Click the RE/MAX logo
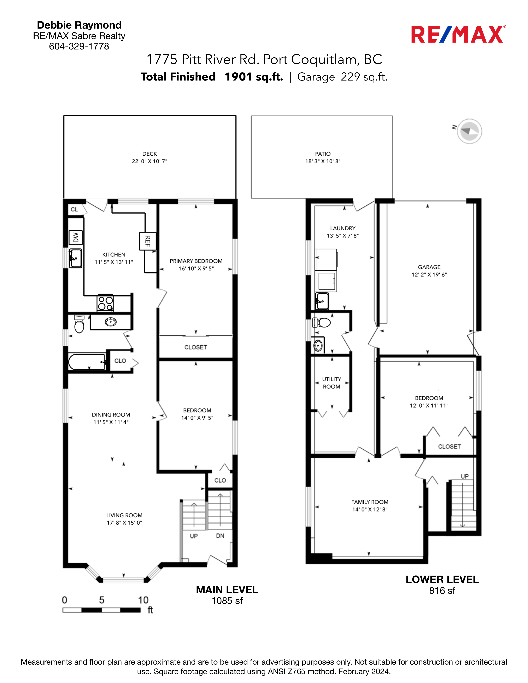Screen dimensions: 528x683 (458, 34)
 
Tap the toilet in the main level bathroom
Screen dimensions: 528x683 (79, 324)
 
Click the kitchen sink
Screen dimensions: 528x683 (75, 258)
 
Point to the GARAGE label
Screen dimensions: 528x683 (429, 267)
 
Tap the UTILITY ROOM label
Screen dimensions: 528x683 (332, 383)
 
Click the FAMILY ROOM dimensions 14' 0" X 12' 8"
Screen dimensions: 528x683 (370, 509)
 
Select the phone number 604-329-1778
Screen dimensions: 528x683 (79, 46)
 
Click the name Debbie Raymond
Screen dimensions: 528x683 (79, 25)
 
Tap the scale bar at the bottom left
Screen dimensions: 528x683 (102, 610)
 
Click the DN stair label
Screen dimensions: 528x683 (220, 536)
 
